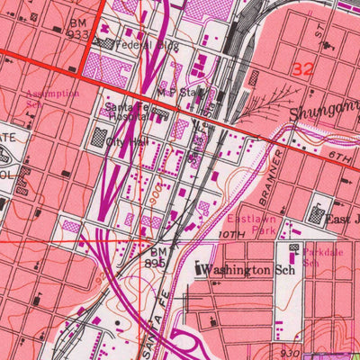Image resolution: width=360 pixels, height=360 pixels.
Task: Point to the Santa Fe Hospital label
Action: pos(125,111)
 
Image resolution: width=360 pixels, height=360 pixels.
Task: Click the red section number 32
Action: pos(303,68)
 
